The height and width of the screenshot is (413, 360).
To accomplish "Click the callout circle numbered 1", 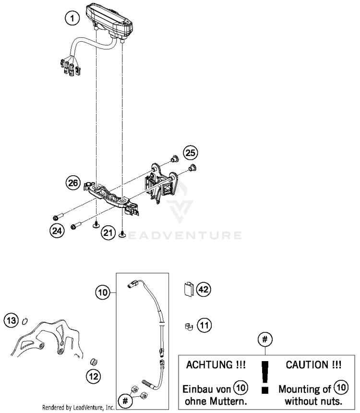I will (72, 19).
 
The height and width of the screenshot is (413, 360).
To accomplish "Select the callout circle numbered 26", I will (73, 182).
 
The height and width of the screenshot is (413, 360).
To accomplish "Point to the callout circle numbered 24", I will (57, 231).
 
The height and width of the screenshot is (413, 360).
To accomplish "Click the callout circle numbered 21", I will (108, 233).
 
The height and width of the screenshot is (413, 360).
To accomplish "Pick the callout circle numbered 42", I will (204, 290).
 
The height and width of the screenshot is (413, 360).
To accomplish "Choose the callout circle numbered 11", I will (204, 326).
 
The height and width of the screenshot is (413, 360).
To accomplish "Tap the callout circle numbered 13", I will (11, 319).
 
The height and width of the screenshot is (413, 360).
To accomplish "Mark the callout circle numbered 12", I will (94, 375).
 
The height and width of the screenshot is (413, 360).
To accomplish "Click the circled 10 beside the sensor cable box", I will (102, 292).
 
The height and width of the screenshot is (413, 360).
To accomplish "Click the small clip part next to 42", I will (189, 289).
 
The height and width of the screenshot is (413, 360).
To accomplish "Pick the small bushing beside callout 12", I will (95, 361).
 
